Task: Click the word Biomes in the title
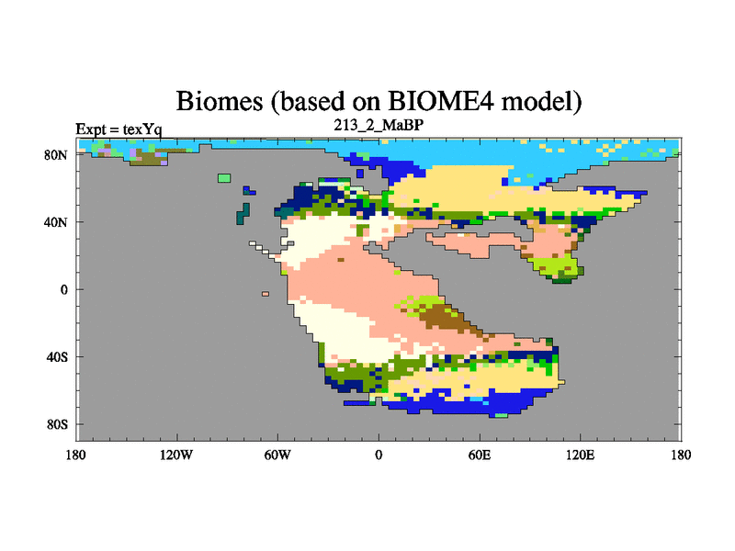point(220,101)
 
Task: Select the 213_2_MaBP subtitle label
point(379,125)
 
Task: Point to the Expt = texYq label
point(119,129)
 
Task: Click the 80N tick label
point(56,155)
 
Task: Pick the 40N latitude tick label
point(56,222)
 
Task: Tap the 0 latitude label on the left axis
point(63,289)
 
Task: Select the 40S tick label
point(57,357)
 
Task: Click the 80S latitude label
point(57,424)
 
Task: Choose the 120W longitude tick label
point(176,455)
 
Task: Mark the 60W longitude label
point(277,455)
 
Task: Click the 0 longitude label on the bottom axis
point(379,455)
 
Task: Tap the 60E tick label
point(480,455)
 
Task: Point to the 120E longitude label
point(581,455)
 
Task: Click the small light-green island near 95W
point(224,178)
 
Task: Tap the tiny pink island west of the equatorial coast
point(266,294)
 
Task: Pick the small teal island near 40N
point(243,214)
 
